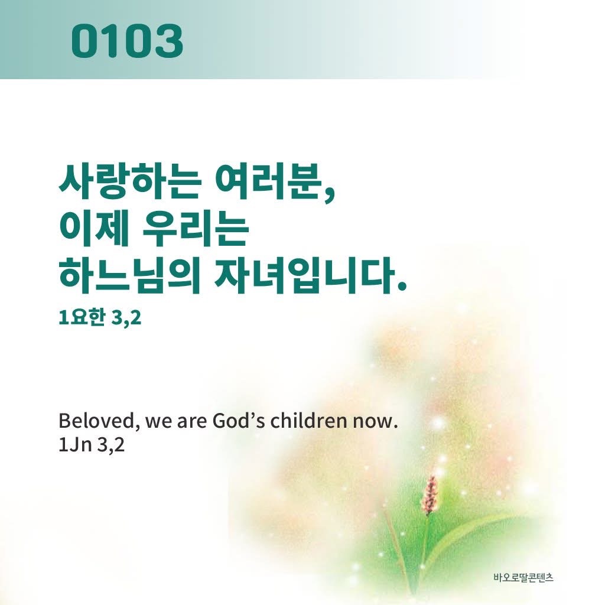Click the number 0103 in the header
(126, 41)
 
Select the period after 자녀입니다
(404, 288)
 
